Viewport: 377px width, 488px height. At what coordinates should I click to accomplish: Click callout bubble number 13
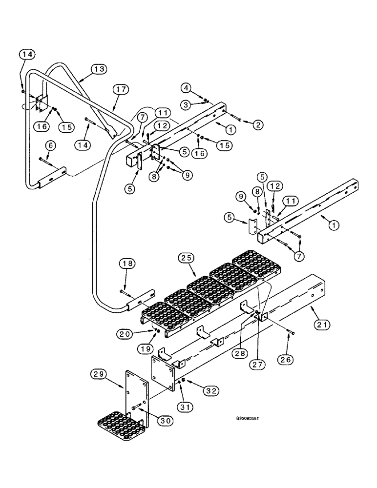pyautogui.click(x=99, y=70)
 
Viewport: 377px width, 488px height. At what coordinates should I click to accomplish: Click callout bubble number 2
pyautogui.click(x=258, y=125)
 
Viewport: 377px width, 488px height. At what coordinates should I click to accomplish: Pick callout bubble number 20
pyautogui.click(x=126, y=334)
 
